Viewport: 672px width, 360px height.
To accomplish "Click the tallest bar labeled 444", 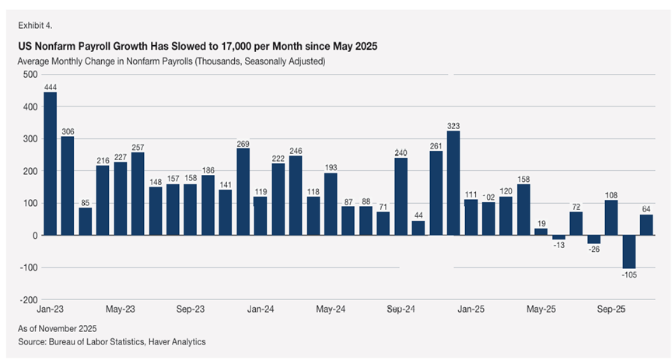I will click(50, 163).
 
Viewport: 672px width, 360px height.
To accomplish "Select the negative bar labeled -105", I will click(628, 252).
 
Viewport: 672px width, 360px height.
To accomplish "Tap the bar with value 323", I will click(453, 183).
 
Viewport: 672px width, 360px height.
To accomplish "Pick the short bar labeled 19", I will click(541, 232).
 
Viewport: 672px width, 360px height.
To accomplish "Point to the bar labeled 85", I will click(85, 222).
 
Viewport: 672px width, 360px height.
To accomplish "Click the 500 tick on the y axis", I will click(30, 75).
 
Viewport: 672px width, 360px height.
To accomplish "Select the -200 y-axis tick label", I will click(28, 300).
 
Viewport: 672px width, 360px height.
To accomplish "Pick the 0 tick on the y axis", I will click(35, 236).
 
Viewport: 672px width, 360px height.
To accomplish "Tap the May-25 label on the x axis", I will click(541, 309).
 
